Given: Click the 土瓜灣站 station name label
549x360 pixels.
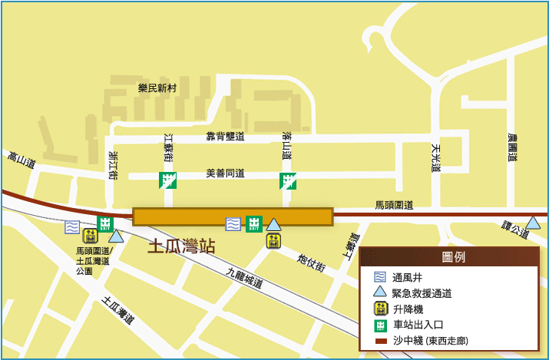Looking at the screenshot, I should click(181, 246).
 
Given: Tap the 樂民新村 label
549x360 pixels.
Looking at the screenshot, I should click(157, 88).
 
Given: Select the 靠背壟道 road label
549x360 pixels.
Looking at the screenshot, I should click(225, 137).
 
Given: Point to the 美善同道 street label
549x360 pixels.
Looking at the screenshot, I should click(225, 173).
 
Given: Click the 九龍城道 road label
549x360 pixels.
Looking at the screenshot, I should click(245, 277).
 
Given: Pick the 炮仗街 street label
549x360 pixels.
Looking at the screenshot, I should click(311, 261).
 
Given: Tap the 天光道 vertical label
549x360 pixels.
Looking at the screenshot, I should click(435, 157).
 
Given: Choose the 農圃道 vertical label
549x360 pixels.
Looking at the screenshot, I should click(512, 147).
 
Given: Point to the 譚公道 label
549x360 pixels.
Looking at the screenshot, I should click(515, 228).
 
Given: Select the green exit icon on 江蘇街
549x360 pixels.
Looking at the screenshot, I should click(167, 180).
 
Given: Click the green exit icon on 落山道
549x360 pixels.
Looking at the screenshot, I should click(288, 181).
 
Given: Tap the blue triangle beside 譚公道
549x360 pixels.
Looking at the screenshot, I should click(532, 223).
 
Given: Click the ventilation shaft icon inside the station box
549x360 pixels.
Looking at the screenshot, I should click(233, 224).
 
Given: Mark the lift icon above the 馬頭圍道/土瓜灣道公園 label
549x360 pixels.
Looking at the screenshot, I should click(90, 236).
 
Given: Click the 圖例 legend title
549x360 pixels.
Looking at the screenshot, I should click(454, 257).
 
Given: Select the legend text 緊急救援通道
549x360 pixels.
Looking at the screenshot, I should click(422, 293).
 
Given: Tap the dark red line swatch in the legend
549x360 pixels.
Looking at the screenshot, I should click(379, 340).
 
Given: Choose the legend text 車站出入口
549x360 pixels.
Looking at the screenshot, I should click(417, 325).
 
